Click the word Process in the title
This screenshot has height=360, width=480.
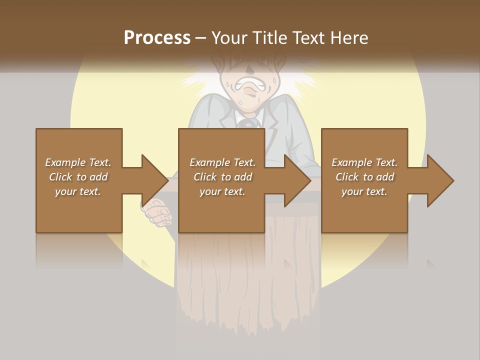[x=157, y=37]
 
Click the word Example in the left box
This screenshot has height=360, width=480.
[x=65, y=162]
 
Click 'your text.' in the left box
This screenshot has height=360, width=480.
[x=78, y=191]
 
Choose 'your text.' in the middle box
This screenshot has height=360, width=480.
[x=222, y=191]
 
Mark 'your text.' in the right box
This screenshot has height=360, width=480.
[x=364, y=191]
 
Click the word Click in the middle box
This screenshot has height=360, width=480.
[x=205, y=177]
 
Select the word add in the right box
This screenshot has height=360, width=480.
[x=385, y=177]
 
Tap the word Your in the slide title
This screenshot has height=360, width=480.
[x=231, y=37]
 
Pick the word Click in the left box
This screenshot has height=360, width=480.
[x=60, y=177]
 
